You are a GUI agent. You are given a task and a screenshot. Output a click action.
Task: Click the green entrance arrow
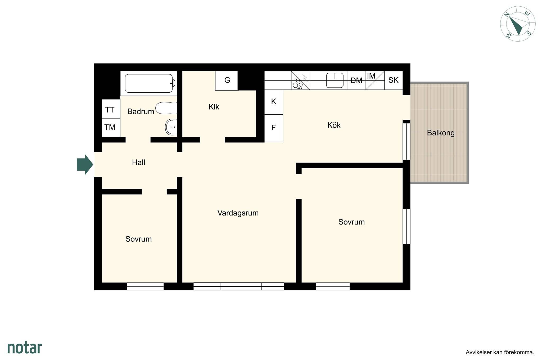85,165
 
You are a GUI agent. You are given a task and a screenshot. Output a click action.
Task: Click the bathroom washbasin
171,127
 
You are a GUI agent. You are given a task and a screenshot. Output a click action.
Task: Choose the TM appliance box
111,128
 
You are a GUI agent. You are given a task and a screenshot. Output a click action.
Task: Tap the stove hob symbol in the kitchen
300,80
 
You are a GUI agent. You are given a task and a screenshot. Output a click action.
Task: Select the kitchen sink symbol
335,80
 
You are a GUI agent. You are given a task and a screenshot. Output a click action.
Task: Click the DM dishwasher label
356,80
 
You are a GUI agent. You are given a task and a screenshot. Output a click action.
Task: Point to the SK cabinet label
393,80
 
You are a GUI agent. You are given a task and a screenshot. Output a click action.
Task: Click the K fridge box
274,102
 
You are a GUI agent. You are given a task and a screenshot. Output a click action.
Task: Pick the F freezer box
274,128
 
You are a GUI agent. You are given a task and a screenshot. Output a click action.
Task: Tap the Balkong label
441,133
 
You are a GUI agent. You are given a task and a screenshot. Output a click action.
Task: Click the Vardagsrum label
238,213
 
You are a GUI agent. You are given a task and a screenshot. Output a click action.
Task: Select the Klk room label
214,107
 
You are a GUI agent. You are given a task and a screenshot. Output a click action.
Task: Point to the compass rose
518,24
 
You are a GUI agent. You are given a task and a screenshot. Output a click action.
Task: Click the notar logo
25,348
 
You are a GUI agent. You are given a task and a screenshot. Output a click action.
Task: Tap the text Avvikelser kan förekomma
500,352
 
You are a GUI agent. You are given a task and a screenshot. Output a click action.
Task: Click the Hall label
138,162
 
